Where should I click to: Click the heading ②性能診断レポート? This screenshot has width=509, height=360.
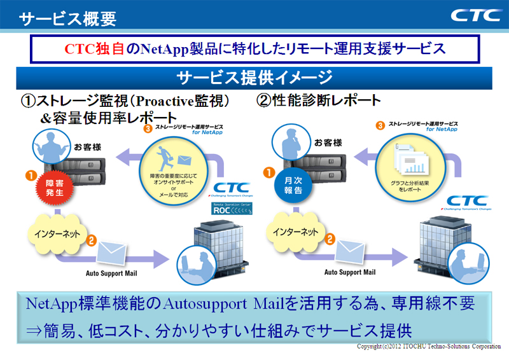coord(318,100)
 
